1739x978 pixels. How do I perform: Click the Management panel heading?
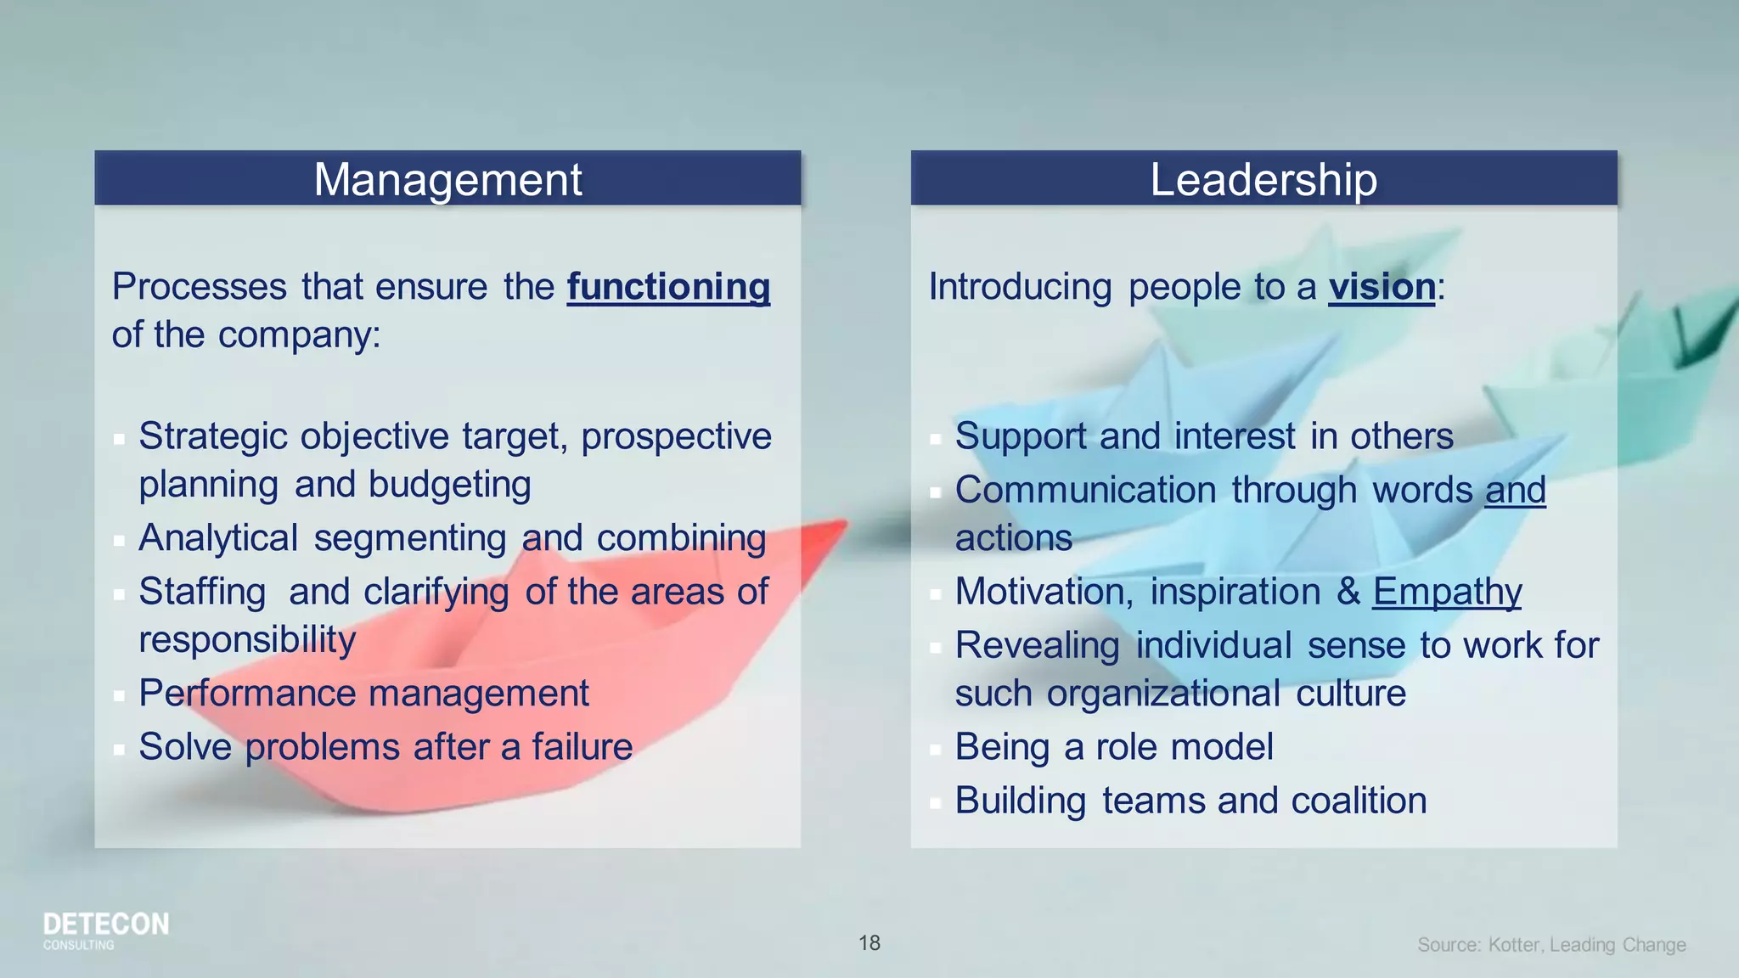point(447,180)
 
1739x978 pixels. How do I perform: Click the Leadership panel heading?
point(1263,180)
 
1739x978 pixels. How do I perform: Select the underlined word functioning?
point(668,287)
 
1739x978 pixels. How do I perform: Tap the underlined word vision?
point(1382,287)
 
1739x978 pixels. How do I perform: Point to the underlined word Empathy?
point(1447,592)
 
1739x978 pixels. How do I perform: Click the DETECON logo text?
point(106,925)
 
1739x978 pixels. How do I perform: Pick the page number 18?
point(869,943)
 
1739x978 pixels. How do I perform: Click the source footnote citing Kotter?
point(1551,945)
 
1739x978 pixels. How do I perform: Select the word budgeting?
point(449,485)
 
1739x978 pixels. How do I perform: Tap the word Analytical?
point(218,538)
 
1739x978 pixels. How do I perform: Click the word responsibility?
point(247,639)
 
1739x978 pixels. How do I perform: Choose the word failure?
point(582,747)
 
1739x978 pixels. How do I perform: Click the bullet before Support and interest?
point(935,439)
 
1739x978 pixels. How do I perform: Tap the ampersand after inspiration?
point(1348,592)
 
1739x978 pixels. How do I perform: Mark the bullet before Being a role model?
point(935,750)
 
